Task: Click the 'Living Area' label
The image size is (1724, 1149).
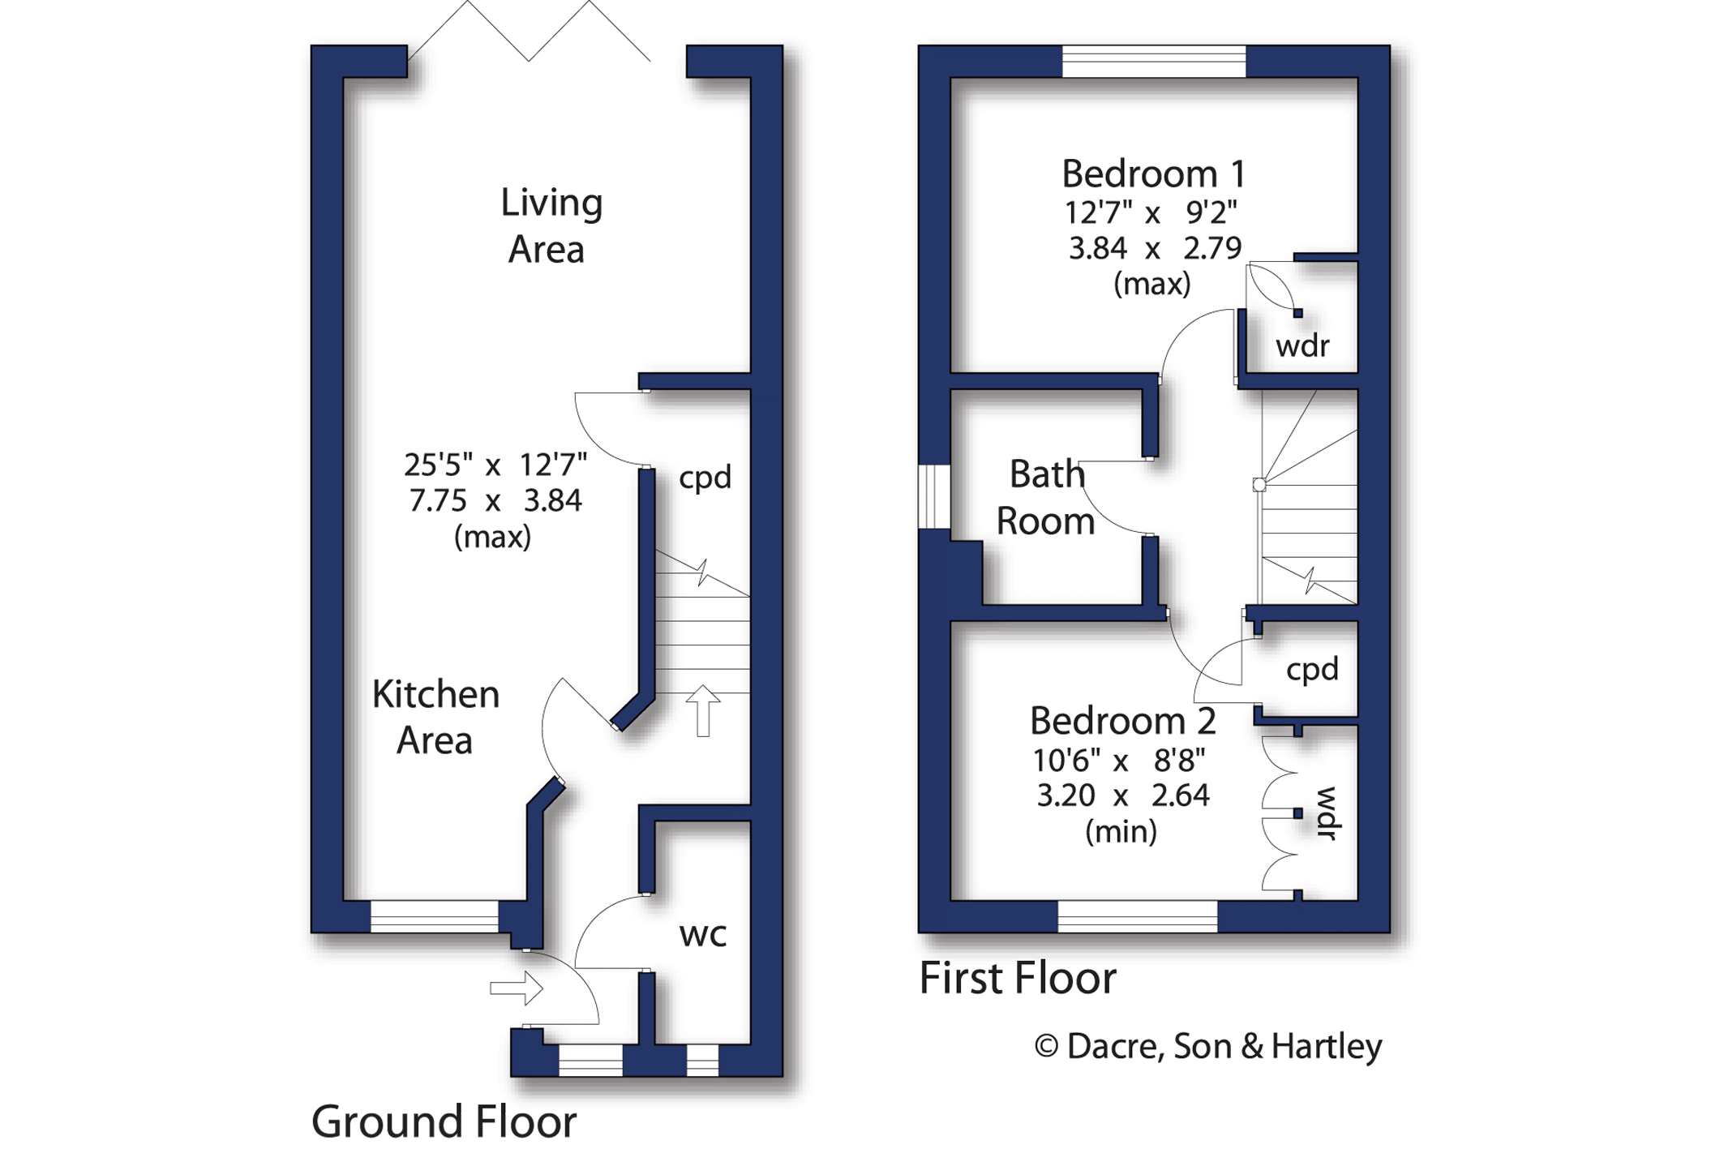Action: (551, 226)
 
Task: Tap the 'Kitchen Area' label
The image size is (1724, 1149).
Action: (435, 718)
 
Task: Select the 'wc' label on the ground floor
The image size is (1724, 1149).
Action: (702, 935)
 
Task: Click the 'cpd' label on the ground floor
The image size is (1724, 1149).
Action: (705, 478)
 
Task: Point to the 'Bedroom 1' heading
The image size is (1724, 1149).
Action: (1153, 174)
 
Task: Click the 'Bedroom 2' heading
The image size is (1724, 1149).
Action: (1122, 720)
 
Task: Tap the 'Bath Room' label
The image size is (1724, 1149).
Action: (1045, 497)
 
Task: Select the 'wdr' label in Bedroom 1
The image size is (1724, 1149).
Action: (1302, 346)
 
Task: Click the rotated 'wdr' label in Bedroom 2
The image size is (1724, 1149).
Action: (1327, 813)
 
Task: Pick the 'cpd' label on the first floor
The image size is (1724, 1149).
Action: (1312, 670)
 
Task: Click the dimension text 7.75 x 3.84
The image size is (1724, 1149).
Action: (495, 501)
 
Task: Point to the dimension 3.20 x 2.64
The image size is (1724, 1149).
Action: (1123, 795)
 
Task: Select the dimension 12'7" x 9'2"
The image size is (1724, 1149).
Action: (1151, 213)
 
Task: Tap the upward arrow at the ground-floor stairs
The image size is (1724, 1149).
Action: (703, 711)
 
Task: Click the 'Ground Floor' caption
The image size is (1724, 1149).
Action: (444, 1121)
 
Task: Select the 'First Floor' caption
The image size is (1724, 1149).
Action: (1018, 978)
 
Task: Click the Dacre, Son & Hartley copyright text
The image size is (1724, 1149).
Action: (1208, 1046)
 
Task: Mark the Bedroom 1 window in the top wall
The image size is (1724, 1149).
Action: (1154, 61)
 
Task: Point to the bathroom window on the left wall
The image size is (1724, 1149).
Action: (934, 497)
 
